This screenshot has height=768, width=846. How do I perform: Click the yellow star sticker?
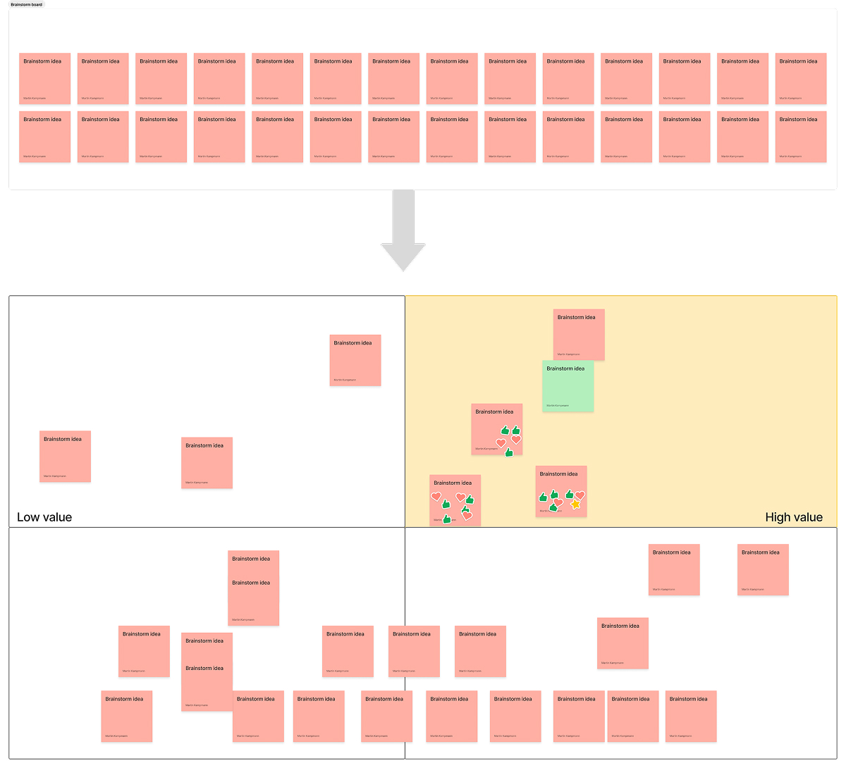tap(575, 504)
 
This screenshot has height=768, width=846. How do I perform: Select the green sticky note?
tap(568, 386)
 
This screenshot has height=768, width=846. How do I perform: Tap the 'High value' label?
tap(794, 517)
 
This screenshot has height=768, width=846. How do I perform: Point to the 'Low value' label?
tap(44, 517)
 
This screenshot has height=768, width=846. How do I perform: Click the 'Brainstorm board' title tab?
tap(27, 5)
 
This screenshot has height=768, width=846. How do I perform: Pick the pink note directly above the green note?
tap(579, 334)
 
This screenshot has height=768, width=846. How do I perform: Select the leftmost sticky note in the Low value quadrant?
tap(65, 456)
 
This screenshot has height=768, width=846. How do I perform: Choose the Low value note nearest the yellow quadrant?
tap(355, 360)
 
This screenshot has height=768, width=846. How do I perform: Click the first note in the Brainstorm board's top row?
tap(44, 78)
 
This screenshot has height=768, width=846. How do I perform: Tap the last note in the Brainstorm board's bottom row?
tap(801, 137)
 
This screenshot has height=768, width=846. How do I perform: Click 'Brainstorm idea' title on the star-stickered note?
tap(558, 474)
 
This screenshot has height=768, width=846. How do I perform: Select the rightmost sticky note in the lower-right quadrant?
tap(763, 569)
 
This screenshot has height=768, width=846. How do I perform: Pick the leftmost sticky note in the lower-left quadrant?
tap(126, 716)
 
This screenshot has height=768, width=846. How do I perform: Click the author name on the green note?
tap(557, 406)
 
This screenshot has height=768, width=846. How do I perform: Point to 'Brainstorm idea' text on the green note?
tap(565, 368)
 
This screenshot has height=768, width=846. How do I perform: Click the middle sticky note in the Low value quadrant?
tap(207, 462)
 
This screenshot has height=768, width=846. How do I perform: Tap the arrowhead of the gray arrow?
tap(403, 257)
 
